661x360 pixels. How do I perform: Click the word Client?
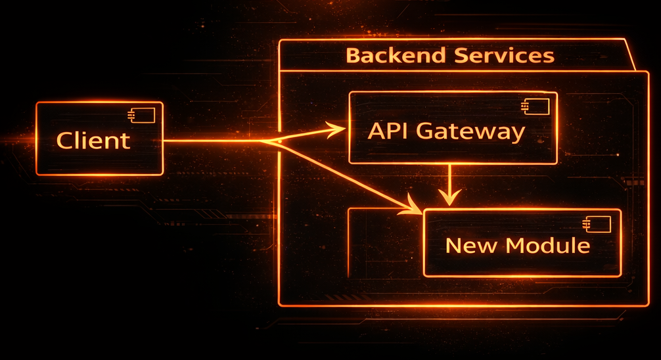93,141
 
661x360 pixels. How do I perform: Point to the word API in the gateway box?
388,131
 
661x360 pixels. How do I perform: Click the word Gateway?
470,132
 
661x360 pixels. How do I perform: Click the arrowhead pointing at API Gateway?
338,129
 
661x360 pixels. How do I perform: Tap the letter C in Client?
64,141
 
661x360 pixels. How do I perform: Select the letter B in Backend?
353,56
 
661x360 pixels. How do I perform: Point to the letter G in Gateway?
427,131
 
